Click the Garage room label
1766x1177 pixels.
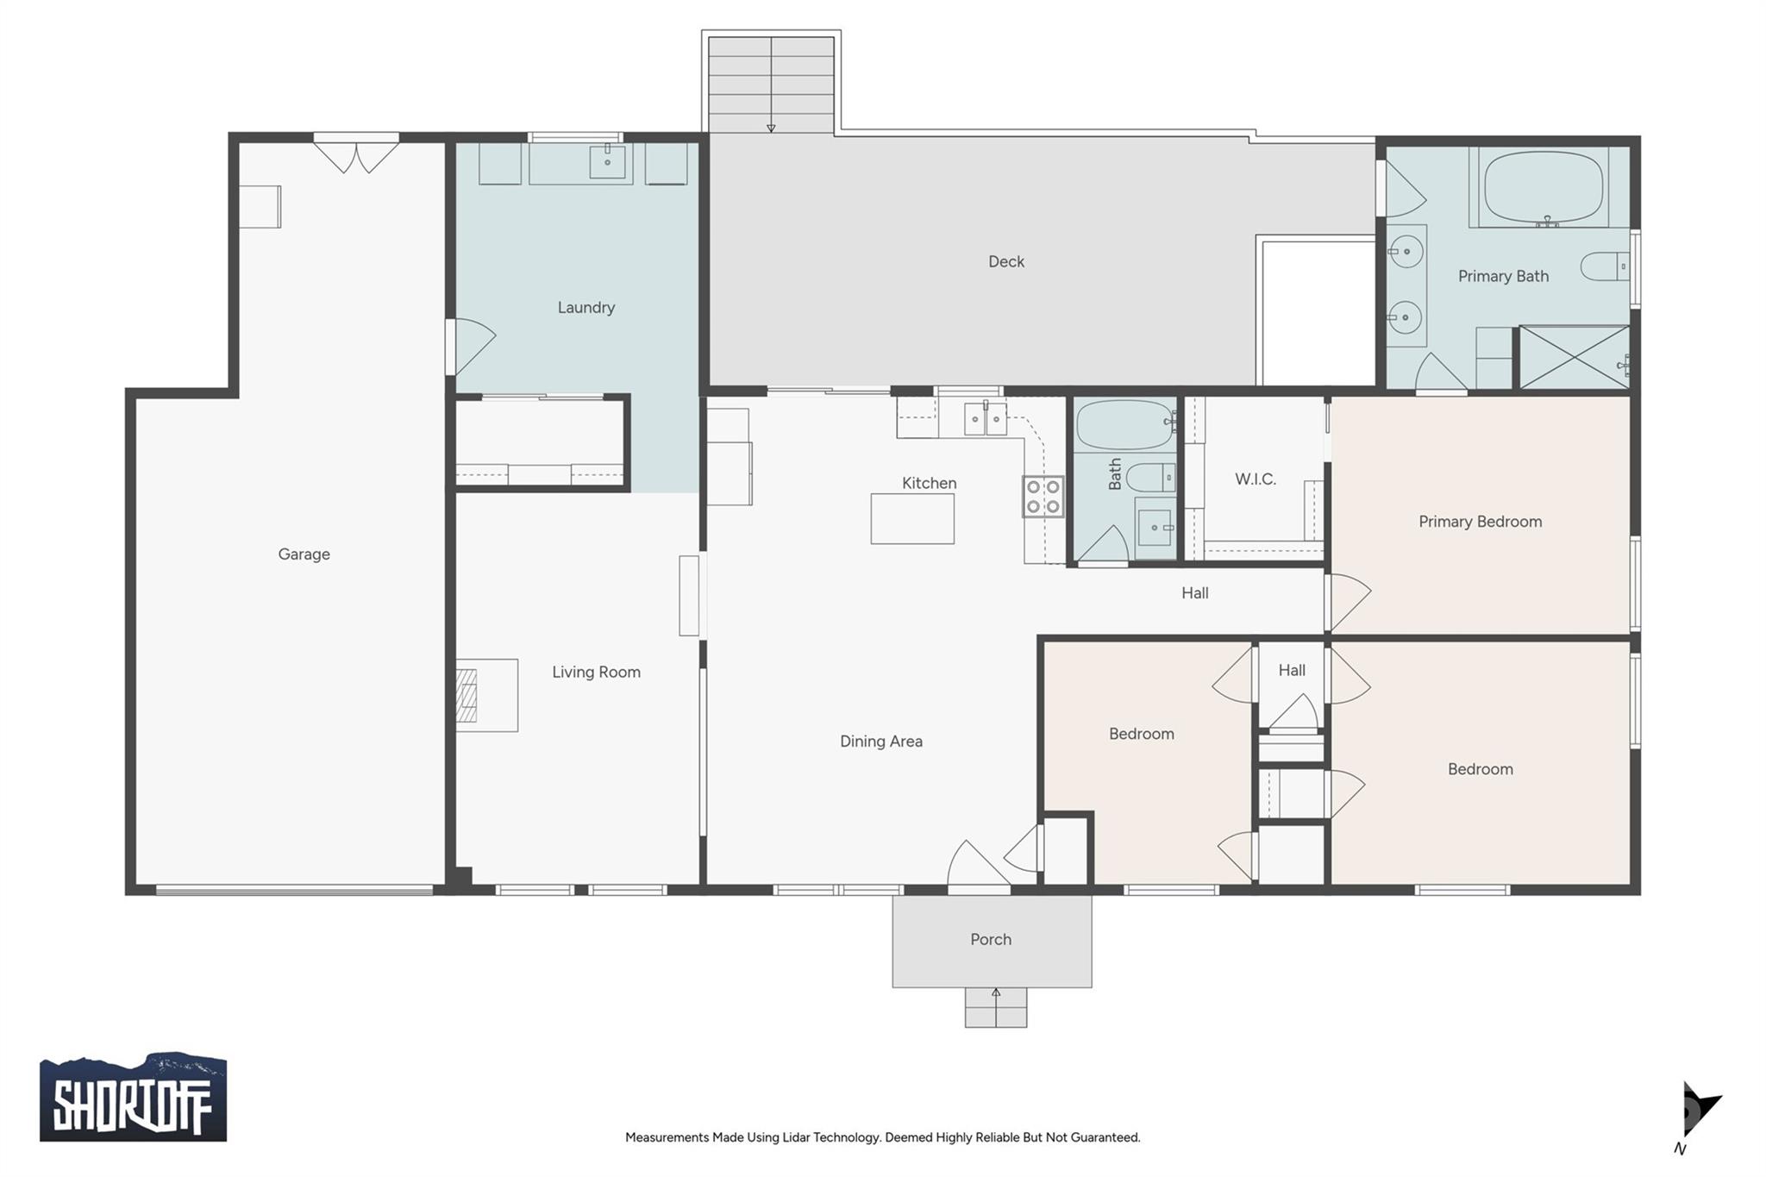(x=304, y=554)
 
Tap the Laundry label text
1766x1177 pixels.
(x=586, y=308)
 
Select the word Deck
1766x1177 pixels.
(x=1006, y=261)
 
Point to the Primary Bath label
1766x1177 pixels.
(x=1503, y=276)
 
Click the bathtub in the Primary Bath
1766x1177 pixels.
(x=1544, y=187)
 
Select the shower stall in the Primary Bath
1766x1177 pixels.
(x=1574, y=357)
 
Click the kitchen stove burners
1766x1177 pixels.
(x=1043, y=497)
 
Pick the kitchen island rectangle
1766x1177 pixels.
(x=912, y=518)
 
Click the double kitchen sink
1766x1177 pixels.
(x=985, y=419)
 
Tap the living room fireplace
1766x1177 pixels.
(x=467, y=695)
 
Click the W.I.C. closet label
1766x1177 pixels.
(x=1255, y=479)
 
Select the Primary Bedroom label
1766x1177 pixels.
(x=1480, y=522)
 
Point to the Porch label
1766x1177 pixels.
(x=991, y=940)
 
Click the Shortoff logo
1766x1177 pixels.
(x=133, y=1098)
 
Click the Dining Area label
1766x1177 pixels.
(x=881, y=742)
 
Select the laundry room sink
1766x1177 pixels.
(x=607, y=161)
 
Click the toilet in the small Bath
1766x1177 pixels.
(x=1150, y=477)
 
